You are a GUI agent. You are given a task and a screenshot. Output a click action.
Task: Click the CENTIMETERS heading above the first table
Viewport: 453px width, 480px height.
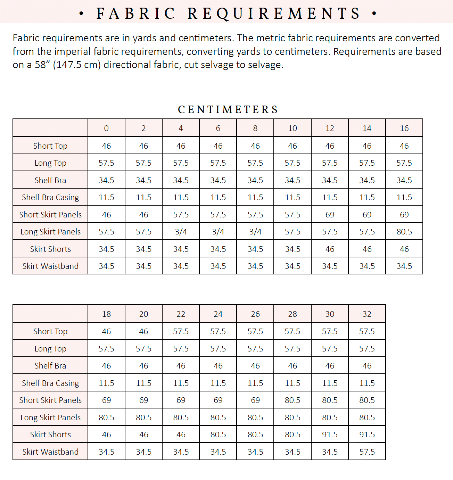coord(228,110)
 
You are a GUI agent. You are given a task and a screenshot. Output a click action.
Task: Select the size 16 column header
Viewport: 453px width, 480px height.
coord(404,128)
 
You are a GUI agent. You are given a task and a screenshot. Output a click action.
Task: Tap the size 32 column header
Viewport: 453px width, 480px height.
coord(367,314)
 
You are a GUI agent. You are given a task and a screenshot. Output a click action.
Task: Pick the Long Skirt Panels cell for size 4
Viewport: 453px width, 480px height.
coord(181,232)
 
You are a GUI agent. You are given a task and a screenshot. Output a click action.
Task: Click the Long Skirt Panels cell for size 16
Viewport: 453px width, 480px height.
coord(404,232)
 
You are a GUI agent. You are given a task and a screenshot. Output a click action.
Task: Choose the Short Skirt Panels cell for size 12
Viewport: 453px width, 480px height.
coord(330,215)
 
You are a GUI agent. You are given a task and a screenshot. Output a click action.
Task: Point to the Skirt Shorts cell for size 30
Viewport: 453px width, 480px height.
coord(330,435)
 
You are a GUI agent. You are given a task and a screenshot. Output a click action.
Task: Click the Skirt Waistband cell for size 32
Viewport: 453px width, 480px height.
coord(367,452)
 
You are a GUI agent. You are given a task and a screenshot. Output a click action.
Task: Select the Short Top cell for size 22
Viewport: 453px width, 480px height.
coord(181,331)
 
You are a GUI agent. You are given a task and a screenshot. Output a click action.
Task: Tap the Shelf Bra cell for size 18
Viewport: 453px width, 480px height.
coord(106,366)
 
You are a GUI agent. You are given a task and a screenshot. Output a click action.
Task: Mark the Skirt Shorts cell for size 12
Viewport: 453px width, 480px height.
coord(330,249)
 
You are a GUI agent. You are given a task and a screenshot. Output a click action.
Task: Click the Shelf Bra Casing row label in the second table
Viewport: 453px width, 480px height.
coord(50,383)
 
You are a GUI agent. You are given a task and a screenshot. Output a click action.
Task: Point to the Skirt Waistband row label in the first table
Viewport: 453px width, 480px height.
coord(50,266)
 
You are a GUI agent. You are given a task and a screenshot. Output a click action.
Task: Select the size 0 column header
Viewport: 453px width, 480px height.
coord(106,128)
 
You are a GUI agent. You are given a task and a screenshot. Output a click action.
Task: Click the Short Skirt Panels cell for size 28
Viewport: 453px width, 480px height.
coord(293,400)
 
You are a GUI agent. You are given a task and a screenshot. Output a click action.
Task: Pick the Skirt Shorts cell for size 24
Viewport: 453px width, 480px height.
coord(218,435)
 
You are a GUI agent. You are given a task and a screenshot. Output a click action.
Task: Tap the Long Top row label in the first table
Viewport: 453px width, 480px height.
coord(50,163)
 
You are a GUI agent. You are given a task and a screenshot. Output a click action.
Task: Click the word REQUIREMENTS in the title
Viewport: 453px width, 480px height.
coord(274,14)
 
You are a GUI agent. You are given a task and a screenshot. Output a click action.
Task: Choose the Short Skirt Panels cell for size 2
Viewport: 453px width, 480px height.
coord(143,215)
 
